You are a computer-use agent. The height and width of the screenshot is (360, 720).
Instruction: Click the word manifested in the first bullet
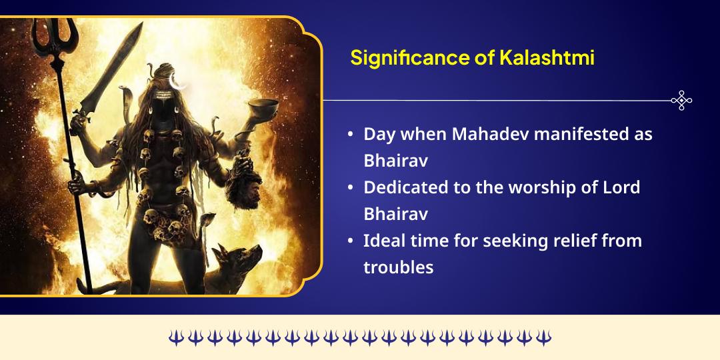pyautogui.click(x=579, y=133)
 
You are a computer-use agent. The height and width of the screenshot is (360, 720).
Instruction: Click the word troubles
pyautogui.click(x=398, y=267)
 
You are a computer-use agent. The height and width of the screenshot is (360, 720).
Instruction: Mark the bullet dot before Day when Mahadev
pyautogui.click(x=351, y=135)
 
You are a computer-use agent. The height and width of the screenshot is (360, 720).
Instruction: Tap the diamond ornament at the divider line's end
pyautogui.click(x=681, y=101)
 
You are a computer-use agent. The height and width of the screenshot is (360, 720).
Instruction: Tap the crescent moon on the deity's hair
pyautogui.click(x=178, y=81)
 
